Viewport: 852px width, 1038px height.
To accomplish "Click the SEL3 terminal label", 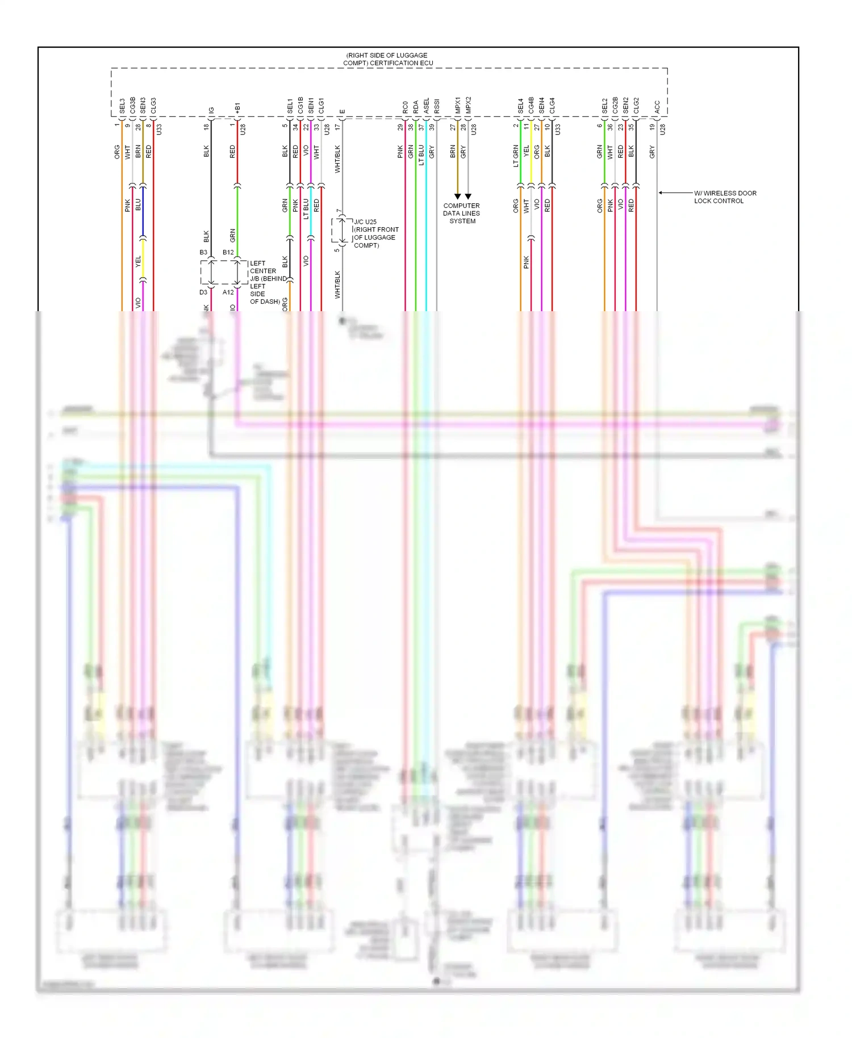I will pyautogui.click(x=122, y=106).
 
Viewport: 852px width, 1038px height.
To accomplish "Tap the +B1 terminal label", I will pyautogui.click(x=237, y=108).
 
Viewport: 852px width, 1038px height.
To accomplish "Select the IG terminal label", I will pyautogui.click(x=211, y=110).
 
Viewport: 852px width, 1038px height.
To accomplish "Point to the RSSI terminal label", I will pyautogui.click(x=437, y=106).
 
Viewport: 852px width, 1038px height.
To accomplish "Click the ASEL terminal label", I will pyautogui.click(x=427, y=106).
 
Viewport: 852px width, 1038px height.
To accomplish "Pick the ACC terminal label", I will pyautogui.click(x=657, y=107).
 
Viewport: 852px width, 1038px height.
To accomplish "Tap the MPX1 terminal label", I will pyautogui.click(x=458, y=105).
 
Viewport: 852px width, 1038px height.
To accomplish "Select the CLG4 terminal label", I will pyautogui.click(x=552, y=105).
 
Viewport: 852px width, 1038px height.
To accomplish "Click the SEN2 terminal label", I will pyautogui.click(x=625, y=105).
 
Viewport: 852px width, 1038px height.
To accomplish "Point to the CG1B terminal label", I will pyautogui.click(x=300, y=105).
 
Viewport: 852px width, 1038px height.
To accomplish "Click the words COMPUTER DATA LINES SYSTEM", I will pyautogui.click(x=462, y=214).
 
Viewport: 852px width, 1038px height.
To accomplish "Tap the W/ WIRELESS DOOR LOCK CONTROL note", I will pyautogui.click(x=725, y=197).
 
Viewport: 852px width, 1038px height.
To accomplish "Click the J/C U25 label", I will pyautogui.click(x=365, y=222).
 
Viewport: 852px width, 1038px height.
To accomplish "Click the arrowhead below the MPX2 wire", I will pyautogui.click(x=468, y=196).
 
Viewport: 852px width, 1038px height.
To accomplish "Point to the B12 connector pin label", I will pyautogui.click(x=228, y=252).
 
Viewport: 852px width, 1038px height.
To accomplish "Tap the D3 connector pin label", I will pyautogui.click(x=203, y=292).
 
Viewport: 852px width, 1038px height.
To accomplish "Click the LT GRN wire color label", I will pyautogui.click(x=516, y=156).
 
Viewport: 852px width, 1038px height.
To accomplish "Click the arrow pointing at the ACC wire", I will pyautogui.click(x=661, y=193).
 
